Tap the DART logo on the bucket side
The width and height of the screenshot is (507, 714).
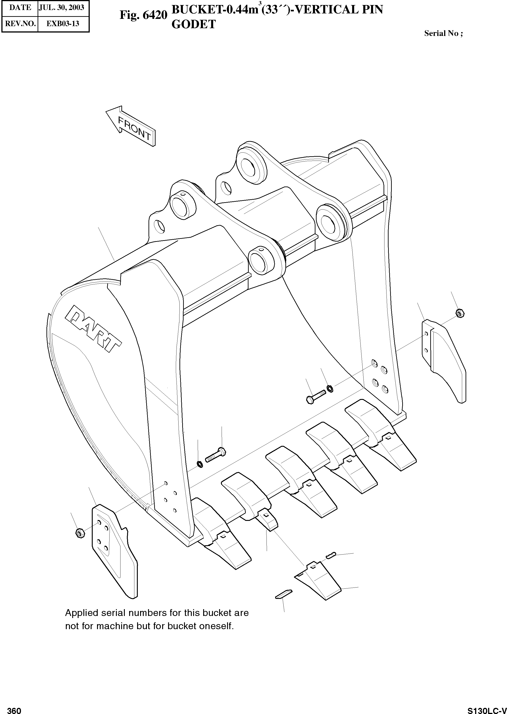(x=93, y=329)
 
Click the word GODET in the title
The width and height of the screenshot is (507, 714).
(x=194, y=24)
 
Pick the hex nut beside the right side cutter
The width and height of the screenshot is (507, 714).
(x=460, y=313)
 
